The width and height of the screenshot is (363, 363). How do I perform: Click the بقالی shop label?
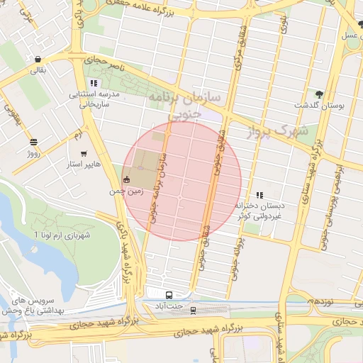[37, 71]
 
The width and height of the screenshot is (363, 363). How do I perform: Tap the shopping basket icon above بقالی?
[37, 60]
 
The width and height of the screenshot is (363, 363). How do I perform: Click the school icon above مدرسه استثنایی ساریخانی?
[94, 83]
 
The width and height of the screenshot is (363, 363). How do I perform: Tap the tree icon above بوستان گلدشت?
[319, 94]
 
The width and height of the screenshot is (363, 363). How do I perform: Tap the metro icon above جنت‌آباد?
[169, 295]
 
